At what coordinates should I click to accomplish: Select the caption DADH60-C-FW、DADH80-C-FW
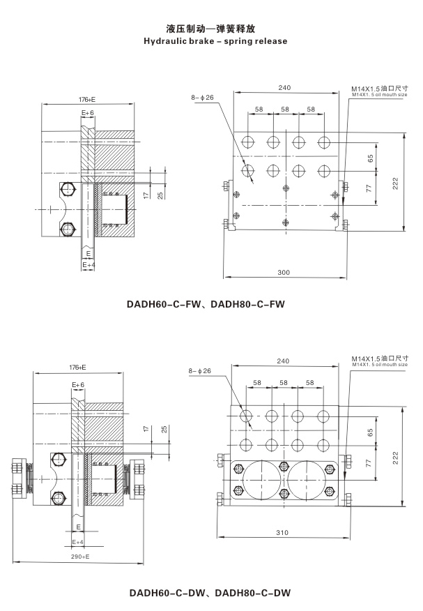click(x=206, y=304)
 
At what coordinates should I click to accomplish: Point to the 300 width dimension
click(x=283, y=272)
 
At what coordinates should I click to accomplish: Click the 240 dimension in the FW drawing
click(x=284, y=88)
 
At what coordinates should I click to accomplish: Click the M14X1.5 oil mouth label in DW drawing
click(x=380, y=361)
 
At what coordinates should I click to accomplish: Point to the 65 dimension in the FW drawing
click(x=369, y=158)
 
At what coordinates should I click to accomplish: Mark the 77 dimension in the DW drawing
click(x=369, y=462)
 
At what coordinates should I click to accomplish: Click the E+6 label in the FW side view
click(x=87, y=112)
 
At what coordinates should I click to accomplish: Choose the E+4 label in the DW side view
click(x=78, y=541)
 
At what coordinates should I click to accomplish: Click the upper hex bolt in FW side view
click(x=68, y=190)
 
